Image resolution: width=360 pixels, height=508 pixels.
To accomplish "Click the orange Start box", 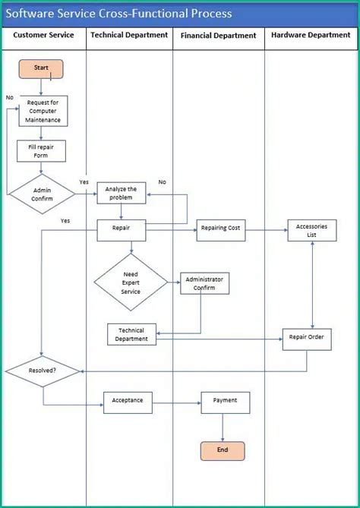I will (x=41, y=69).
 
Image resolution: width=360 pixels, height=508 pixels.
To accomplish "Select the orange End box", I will (x=223, y=450).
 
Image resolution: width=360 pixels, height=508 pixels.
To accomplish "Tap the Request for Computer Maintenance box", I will (x=43, y=111).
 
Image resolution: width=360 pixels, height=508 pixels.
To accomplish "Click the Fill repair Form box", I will (x=42, y=151).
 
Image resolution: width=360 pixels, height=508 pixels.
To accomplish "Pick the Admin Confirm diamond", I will (x=42, y=194).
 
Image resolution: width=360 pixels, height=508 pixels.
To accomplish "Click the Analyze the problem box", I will (x=121, y=193).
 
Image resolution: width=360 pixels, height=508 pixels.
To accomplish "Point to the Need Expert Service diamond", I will (x=131, y=282).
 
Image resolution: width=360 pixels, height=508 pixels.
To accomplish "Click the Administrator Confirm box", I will (x=204, y=283).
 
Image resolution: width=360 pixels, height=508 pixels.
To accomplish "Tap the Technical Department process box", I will (x=131, y=334).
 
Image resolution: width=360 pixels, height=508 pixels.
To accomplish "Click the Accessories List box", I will (x=311, y=231).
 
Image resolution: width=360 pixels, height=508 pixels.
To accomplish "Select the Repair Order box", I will (x=307, y=339).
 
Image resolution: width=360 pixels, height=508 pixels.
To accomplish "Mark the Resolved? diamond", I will (x=43, y=371).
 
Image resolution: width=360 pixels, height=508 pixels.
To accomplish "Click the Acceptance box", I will (x=128, y=402).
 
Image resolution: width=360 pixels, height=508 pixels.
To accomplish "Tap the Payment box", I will (x=225, y=402).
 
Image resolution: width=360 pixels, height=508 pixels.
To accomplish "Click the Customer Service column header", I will (x=44, y=35).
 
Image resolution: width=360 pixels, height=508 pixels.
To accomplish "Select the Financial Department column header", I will (x=219, y=35).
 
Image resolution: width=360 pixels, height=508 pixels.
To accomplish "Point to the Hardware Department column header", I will (x=311, y=35).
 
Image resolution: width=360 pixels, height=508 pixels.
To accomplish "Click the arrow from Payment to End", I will (x=223, y=427).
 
